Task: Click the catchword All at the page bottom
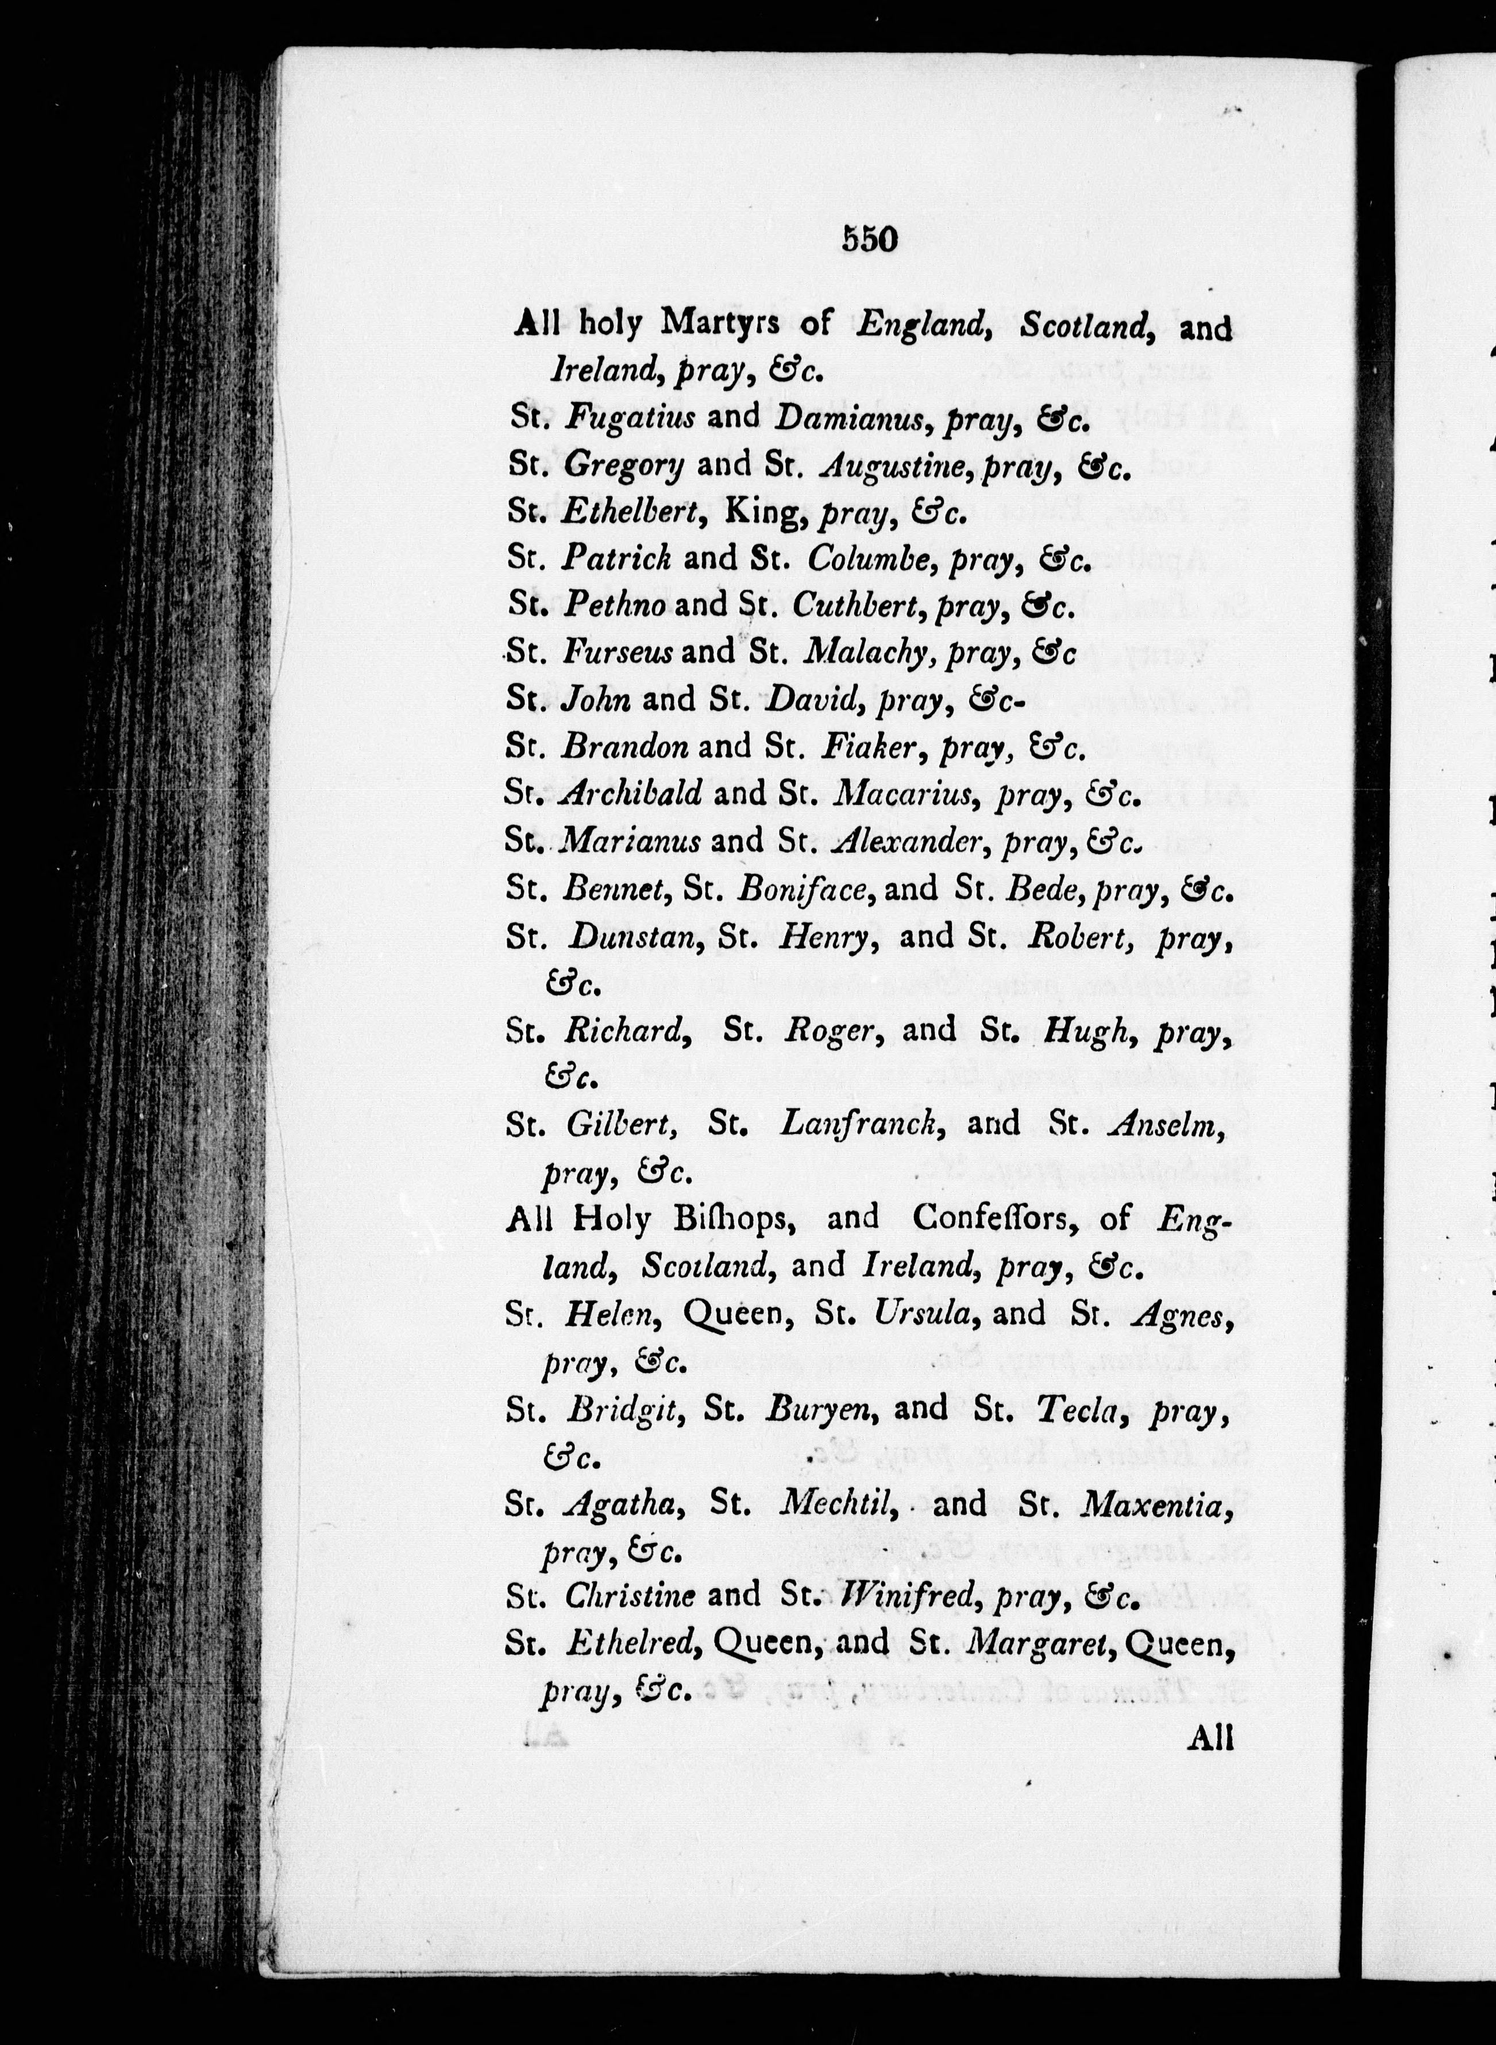(x=1210, y=1738)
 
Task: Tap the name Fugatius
(x=630, y=417)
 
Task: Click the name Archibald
(x=631, y=794)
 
